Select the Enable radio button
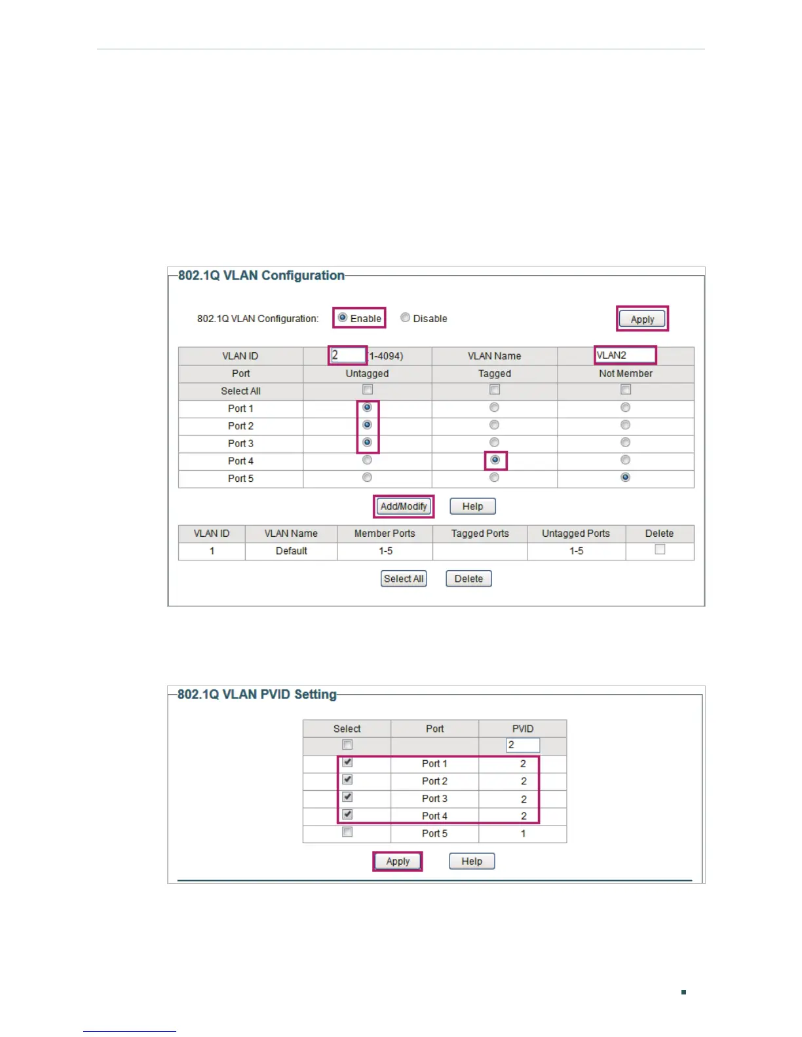coord(343,318)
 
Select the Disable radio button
coord(406,318)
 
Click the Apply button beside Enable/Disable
coord(642,319)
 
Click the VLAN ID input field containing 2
coord(348,355)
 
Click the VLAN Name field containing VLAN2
coord(624,355)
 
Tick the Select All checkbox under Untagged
coord(368,390)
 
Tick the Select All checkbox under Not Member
coord(626,390)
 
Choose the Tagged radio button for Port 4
coord(495,460)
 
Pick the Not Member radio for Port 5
coord(626,477)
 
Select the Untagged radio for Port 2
coord(368,425)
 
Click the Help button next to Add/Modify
coord(472,506)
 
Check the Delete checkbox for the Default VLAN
coord(660,549)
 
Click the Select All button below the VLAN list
coord(404,579)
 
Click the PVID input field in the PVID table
coord(523,745)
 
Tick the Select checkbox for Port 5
coord(347,832)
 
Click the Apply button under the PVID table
coord(398,861)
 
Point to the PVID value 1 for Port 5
coord(523,833)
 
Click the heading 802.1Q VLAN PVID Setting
coord(257,695)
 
